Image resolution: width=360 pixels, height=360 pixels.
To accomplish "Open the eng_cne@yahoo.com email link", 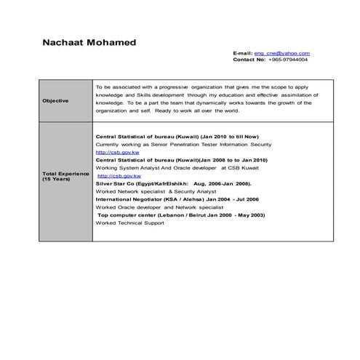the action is coord(281,53).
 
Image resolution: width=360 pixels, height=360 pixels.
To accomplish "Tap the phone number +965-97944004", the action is coord(287,60).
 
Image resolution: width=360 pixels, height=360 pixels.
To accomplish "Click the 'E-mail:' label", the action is coord(242,53).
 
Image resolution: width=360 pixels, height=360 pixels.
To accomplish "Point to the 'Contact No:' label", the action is coord(249,60).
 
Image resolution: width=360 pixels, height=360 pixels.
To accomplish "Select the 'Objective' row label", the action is coord(55,100).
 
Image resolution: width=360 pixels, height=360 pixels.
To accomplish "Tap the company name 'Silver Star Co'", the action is coord(114,184).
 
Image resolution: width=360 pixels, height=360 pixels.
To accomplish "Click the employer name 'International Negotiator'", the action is coord(127,200).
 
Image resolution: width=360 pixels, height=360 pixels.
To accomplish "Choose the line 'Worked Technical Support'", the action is coord(129,223).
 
